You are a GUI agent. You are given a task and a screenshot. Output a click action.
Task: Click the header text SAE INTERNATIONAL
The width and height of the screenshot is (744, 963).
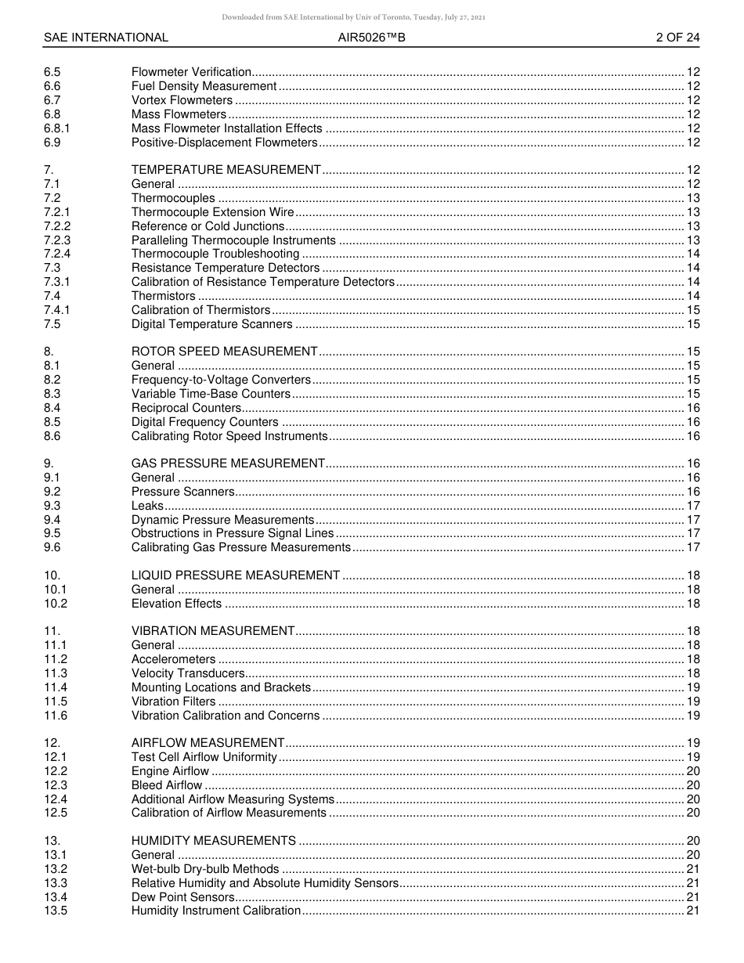[x=106, y=38]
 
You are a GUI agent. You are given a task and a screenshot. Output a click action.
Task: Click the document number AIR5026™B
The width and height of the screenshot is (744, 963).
[x=371, y=38]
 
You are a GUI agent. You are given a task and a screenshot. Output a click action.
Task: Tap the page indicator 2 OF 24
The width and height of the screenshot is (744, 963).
[x=677, y=38]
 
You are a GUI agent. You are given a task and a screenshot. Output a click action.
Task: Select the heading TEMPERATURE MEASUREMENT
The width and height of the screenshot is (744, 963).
[x=226, y=170]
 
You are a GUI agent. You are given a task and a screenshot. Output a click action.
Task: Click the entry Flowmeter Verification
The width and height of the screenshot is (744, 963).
[x=191, y=72]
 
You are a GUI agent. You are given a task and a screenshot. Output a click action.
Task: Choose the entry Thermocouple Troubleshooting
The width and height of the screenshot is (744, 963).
[x=215, y=254]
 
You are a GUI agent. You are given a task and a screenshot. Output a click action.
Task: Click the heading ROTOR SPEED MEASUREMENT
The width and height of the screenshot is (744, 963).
[x=224, y=352]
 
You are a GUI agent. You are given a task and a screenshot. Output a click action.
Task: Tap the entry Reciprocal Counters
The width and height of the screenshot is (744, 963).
[x=186, y=408]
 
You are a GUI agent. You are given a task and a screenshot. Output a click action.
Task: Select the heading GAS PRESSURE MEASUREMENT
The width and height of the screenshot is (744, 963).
[x=228, y=463]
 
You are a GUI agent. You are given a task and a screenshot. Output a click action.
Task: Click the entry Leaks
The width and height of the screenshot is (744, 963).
[x=147, y=506]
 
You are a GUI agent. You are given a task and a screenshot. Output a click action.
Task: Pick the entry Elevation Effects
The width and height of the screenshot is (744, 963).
[x=176, y=604]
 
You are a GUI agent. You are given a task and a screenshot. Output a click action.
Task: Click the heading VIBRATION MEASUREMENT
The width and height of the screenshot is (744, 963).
[x=212, y=631]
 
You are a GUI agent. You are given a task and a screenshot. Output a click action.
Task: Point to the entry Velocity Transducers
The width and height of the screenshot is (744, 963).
[x=188, y=673]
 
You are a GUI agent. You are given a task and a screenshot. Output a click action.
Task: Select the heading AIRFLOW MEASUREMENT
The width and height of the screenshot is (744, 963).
[x=208, y=743]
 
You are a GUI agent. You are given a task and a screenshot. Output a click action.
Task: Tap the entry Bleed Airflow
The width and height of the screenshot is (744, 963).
[x=166, y=785]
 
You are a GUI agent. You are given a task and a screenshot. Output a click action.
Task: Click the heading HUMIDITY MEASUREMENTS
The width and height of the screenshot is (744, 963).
[x=213, y=841]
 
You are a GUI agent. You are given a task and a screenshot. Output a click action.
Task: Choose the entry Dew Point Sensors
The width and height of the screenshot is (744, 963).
[x=182, y=897]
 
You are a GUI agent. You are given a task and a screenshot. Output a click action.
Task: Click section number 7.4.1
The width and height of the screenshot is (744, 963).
[x=57, y=310]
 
